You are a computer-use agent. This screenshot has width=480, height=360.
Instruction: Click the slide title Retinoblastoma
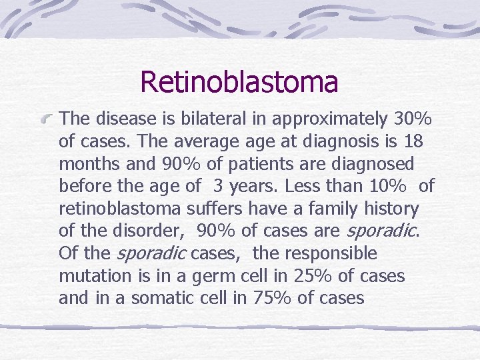[x=239, y=82]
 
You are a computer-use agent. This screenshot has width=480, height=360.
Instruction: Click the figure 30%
[x=411, y=119]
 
